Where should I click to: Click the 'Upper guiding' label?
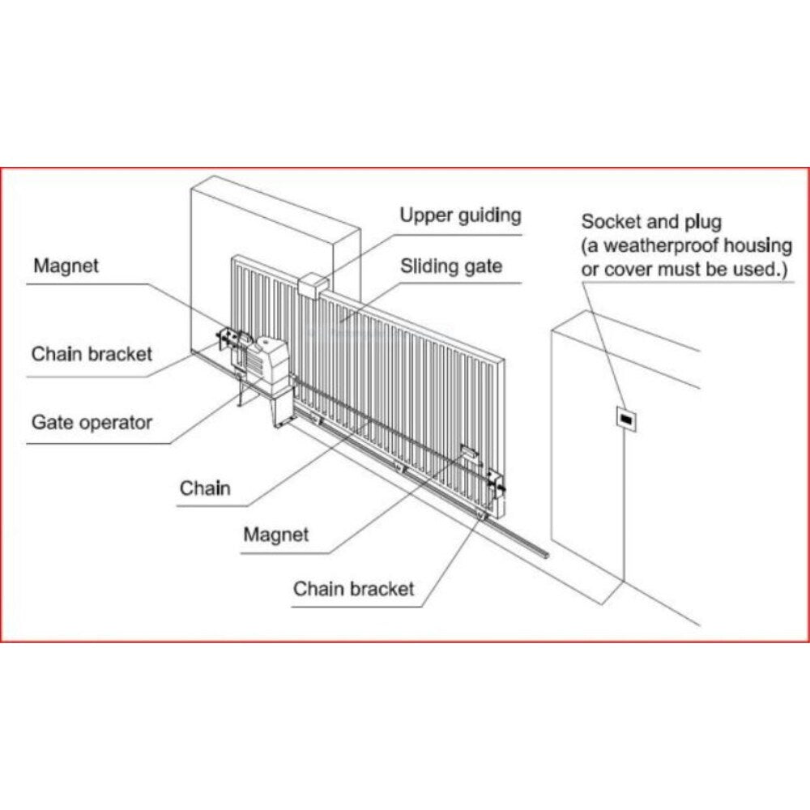(x=460, y=216)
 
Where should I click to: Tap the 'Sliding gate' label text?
(x=451, y=266)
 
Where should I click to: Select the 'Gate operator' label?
(x=92, y=422)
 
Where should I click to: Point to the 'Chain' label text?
(x=205, y=488)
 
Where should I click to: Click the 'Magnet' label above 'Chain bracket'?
(x=66, y=266)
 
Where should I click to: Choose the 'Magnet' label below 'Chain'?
(x=276, y=535)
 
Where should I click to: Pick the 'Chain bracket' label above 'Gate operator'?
(x=92, y=354)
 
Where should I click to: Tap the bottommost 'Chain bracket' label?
(x=353, y=589)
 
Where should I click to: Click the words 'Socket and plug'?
(x=651, y=222)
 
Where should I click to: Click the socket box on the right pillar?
(x=625, y=420)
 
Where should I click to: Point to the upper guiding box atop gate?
(x=313, y=284)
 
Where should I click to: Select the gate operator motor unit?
(x=268, y=369)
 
